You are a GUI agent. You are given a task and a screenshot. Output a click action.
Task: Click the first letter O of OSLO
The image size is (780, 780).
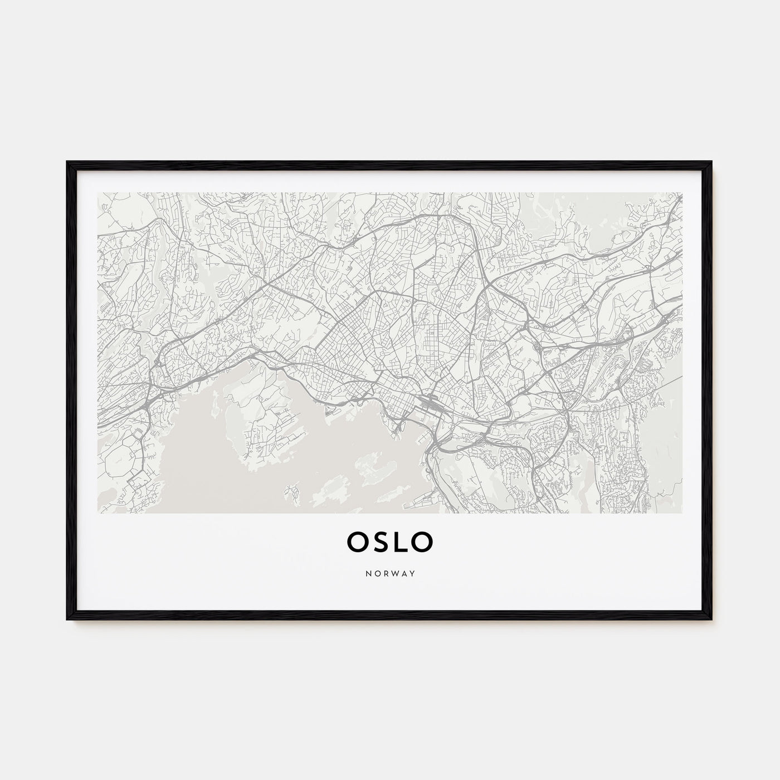[x=358, y=540]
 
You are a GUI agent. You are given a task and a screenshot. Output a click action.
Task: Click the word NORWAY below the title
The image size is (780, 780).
[x=390, y=573]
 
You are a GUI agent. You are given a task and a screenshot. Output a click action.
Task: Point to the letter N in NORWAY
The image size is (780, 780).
[x=367, y=573]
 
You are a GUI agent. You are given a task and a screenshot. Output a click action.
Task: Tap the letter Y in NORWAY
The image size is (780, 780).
[x=413, y=573]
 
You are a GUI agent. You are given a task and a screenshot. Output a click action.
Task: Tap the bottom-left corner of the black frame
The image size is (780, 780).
[x=68, y=620]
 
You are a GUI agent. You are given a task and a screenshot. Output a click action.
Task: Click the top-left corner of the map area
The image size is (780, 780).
[x=97, y=193]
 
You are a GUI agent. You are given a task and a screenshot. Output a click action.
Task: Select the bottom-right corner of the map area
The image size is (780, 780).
[x=682, y=513]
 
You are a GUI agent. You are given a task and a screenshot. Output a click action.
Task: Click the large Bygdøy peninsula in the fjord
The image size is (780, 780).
[x=267, y=423]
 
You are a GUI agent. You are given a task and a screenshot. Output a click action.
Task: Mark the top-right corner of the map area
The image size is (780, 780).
[x=682, y=193]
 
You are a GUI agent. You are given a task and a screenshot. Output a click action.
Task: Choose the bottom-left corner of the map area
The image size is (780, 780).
[x=97, y=513]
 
